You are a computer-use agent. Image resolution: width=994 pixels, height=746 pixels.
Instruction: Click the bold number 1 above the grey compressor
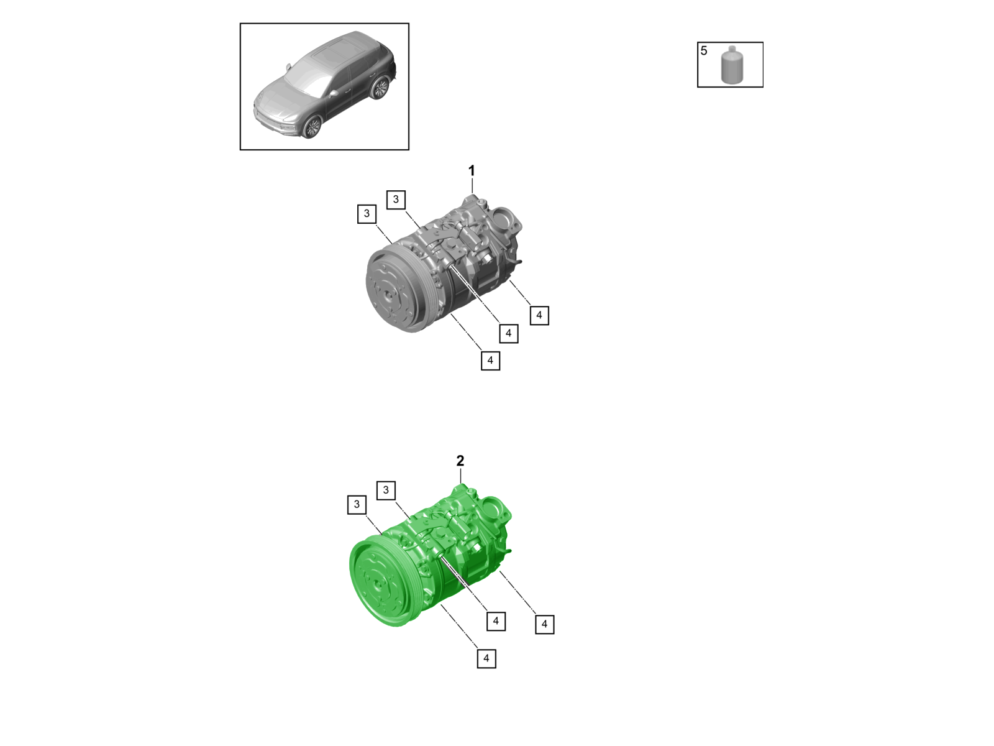(472, 170)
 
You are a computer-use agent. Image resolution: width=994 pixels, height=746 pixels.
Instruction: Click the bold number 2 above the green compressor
(460, 461)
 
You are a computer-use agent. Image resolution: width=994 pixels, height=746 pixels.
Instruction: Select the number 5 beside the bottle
(704, 51)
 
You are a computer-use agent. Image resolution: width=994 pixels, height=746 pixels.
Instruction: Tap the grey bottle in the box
(732, 67)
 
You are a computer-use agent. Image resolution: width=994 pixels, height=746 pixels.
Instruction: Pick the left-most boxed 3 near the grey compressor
(367, 214)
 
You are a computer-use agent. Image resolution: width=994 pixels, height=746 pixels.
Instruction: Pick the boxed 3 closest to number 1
(396, 200)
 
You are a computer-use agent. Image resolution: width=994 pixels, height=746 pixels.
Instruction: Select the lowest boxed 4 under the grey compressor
(490, 361)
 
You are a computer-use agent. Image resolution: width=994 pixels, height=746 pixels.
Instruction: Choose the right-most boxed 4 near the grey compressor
(539, 315)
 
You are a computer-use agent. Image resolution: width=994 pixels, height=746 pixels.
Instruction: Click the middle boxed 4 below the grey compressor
(509, 333)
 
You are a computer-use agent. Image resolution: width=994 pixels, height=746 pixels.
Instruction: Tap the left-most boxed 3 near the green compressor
(357, 504)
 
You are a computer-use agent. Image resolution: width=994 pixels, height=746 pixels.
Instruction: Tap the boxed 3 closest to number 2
(386, 490)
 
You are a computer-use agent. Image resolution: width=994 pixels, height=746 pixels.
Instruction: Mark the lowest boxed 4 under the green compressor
(486, 658)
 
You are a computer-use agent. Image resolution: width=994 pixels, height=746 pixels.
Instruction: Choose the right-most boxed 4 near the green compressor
(545, 624)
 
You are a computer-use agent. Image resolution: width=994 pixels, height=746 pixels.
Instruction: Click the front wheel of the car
(312, 127)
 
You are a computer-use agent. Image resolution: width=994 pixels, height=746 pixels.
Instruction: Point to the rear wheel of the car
(380, 88)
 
